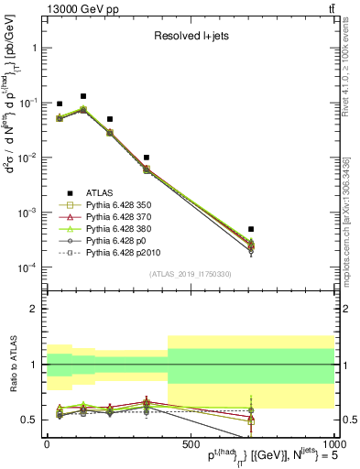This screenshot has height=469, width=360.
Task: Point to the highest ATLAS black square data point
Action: click(x=83, y=96)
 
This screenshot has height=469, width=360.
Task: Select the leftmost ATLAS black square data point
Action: click(x=60, y=104)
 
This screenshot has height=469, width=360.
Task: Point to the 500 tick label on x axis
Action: click(x=190, y=444)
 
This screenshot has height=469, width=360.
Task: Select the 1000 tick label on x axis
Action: click(x=332, y=444)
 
